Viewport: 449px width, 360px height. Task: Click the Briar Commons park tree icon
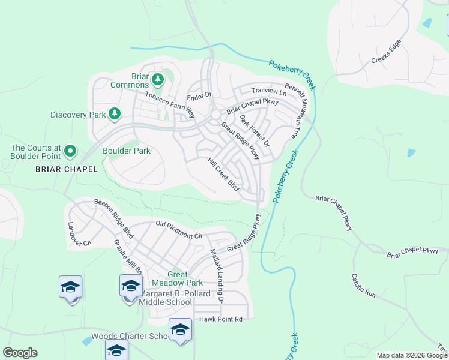pos(157,79)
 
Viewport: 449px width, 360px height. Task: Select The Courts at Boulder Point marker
pos(70,151)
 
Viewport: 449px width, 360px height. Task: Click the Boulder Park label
pos(127,151)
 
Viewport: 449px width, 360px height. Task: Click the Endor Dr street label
pos(200,96)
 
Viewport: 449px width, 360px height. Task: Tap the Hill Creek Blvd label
pos(223,175)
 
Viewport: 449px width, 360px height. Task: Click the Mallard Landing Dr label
pos(216,275)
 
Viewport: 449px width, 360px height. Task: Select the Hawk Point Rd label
pos(221,319)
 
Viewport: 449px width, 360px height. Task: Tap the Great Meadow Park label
pos(177,278)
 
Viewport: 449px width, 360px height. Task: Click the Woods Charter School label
pos(130,337)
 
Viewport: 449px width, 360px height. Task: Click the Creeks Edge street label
pos(385,52)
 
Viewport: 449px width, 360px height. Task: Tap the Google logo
pos(20,353)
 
